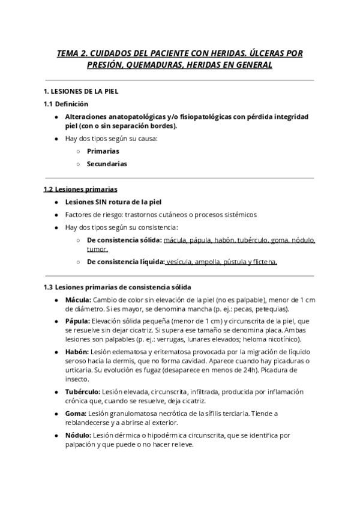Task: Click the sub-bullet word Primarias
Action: coord(103,151)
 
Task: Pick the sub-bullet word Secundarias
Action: coord(107,163)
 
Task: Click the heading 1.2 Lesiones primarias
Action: coord(80,190)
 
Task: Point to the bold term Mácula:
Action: coord(78,300)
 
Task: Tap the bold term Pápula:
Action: coord(78,322)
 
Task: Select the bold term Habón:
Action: coord(77,351)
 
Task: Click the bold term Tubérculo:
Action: coord(83,392)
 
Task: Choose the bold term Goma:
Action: coord(76,414)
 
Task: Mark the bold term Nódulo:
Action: coord(78,435)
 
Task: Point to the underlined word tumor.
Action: coord(97,248)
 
